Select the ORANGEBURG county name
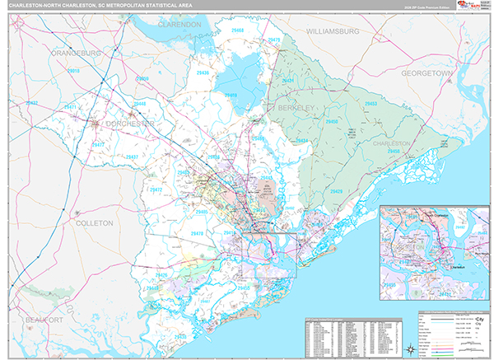(x=75, y=54)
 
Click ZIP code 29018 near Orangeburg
(x=73, y=72)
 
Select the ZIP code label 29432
(x=32, y=103)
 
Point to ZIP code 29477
(x=102, y=144)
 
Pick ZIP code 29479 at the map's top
(x=274, y=40)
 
